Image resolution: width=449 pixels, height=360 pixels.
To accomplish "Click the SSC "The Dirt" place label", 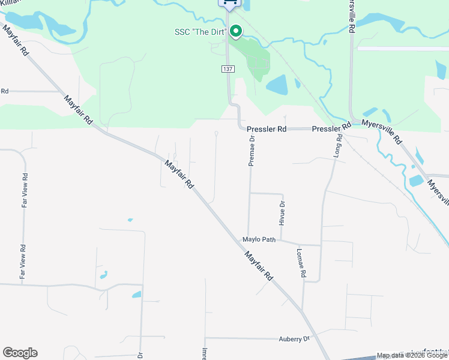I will click(x=199, y=32).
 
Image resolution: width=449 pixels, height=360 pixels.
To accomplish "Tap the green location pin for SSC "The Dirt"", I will click(x=236, y=31).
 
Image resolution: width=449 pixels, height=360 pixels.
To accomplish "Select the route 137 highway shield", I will click(x=228, y=70).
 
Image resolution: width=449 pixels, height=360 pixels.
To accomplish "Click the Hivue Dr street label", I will click(x=282, y=212).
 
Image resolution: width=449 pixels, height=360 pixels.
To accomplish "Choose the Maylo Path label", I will click(x=259, y=239).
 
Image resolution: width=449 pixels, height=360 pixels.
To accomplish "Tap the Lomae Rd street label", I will click(x=301, y=263).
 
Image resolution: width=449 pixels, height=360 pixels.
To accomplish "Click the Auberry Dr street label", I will click(x=294, y=339).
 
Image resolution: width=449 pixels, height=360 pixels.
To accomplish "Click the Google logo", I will click(x=20, y=353).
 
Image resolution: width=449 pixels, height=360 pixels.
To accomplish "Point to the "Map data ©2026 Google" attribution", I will click(x=412, y=355).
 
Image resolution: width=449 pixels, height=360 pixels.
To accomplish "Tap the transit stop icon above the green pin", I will click(x=229, y=3).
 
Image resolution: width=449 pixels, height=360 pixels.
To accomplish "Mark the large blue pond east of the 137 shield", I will click(x=277, y=85).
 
